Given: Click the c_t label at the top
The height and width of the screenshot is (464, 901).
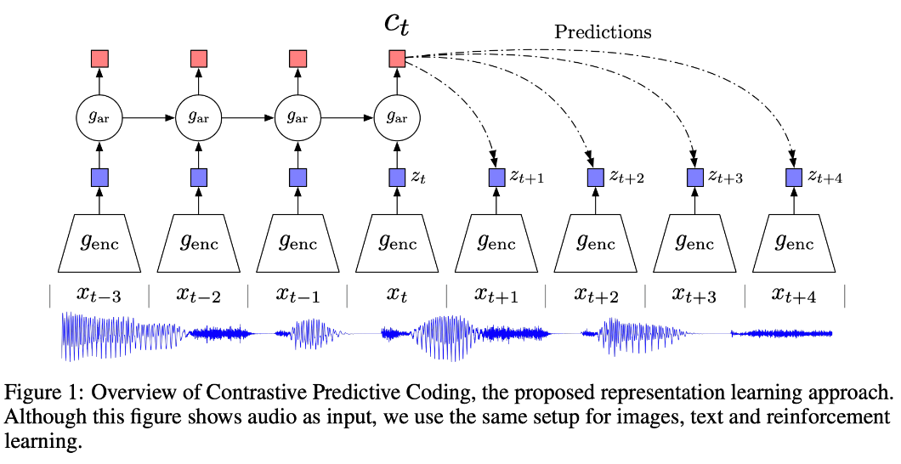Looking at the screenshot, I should [x=396, y=23].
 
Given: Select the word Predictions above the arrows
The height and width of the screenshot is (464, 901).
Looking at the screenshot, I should [x=603, y=32].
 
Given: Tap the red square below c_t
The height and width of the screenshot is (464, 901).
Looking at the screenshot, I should [x=396, y=59].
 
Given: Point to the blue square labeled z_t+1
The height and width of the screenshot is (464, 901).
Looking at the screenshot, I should [x=496, y=178].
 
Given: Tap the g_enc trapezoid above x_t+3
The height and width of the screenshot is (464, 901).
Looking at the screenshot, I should [x=694, y=241].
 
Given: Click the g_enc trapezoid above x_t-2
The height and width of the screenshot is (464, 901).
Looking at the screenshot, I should [x=199, y=241].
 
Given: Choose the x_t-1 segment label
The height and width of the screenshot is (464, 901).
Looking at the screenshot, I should [x=297, y=295].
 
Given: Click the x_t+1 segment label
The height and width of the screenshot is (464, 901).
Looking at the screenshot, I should [x=496, y=295].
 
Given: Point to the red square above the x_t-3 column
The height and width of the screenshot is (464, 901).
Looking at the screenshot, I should [x=99, y=59].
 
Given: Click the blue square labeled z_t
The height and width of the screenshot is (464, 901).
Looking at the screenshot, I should [x=396, y=178].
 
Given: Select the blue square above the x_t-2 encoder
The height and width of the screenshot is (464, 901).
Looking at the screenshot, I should [x=199, y=178].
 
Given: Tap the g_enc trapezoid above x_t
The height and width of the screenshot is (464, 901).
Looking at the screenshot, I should [x=396, y=241].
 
